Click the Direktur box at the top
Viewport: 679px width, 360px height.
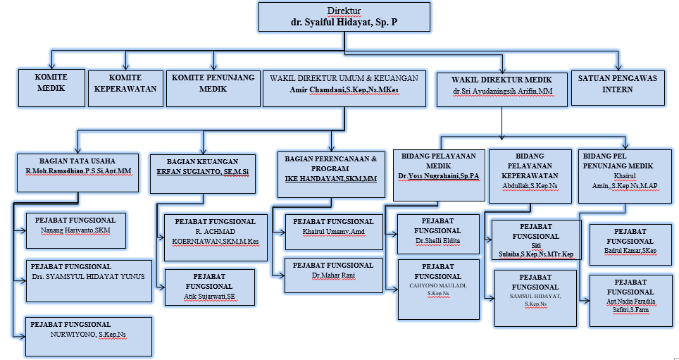point(344,17)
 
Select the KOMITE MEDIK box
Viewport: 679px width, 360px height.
point(51,86)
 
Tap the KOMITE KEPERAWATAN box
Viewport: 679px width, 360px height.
point(125,87)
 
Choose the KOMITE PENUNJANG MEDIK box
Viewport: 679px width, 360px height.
point(213,87)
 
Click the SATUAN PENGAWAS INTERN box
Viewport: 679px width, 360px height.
point(618,87)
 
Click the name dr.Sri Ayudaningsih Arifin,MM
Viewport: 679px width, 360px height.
point(502,91)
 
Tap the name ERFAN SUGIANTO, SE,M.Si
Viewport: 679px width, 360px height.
point(202,171)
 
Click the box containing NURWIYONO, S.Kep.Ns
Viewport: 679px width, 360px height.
point(88,336)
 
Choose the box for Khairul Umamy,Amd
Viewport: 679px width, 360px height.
point(333,232)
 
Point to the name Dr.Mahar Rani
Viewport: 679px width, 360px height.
point(333,275)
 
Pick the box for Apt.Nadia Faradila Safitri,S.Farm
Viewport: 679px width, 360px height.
point(630,301)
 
